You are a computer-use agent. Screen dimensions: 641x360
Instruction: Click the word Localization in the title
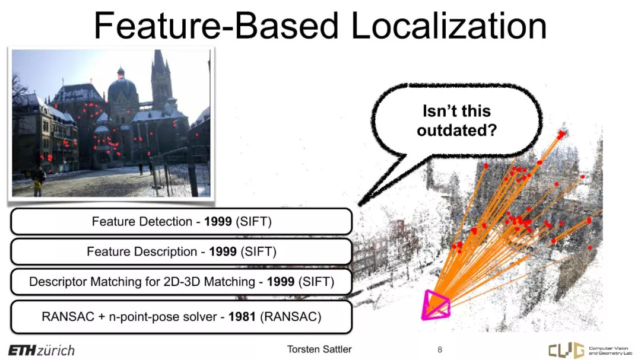tap(449, 26)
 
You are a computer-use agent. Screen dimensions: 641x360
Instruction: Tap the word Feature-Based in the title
tap(216, 26)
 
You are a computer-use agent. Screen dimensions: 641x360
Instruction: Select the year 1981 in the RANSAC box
tap(242, 317)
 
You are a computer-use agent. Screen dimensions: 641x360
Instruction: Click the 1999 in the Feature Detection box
tap(218, 221)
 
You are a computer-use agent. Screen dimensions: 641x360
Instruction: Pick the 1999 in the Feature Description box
tap(223, 251)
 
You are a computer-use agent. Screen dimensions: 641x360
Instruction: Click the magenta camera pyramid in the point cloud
tap(436, 305)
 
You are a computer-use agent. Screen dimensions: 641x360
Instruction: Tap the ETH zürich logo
tap(42, 350)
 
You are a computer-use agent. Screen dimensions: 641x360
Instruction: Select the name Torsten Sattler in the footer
tap(319, 349)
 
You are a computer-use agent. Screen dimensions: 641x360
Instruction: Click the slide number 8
tap(440, 349)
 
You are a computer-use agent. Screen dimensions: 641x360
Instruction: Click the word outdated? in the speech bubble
tap(456, 130)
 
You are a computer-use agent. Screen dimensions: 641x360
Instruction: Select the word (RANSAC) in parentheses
tap(291, 317)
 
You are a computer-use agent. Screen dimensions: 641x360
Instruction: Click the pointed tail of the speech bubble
tap(360, 203)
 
